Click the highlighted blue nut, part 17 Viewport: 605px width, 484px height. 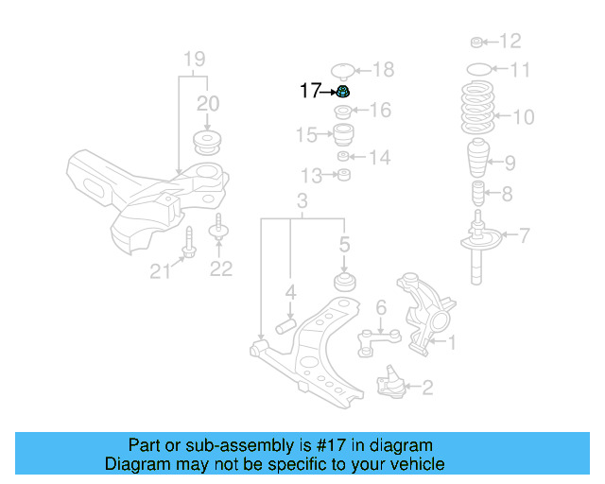(345, 92)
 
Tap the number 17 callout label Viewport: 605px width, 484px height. (311, 91)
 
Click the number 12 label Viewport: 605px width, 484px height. (510, 41)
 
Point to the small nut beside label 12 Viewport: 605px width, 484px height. (477, 41)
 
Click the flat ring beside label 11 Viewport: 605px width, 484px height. (480, 69)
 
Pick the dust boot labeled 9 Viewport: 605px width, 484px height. (479, 161)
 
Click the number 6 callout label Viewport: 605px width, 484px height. (380, 306)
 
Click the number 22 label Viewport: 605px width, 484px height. (220, 269)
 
